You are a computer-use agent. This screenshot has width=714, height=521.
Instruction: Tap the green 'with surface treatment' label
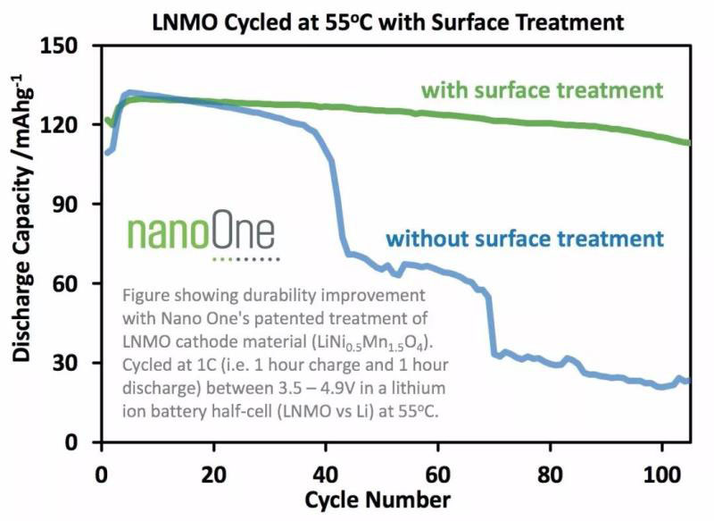(542, 91)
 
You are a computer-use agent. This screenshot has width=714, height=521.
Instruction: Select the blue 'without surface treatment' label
(525, 239)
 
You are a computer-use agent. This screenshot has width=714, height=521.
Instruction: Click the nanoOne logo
(201, 233)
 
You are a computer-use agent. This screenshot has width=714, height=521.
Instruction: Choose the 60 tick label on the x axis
(437, 470)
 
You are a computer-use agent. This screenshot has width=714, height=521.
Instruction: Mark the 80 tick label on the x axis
(549, 470)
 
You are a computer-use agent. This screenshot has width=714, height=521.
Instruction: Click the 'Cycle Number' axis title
(387, 498)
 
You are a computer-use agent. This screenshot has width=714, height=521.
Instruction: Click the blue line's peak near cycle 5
(130, 92)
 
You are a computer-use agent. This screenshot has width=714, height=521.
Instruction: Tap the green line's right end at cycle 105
(688, 143)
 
